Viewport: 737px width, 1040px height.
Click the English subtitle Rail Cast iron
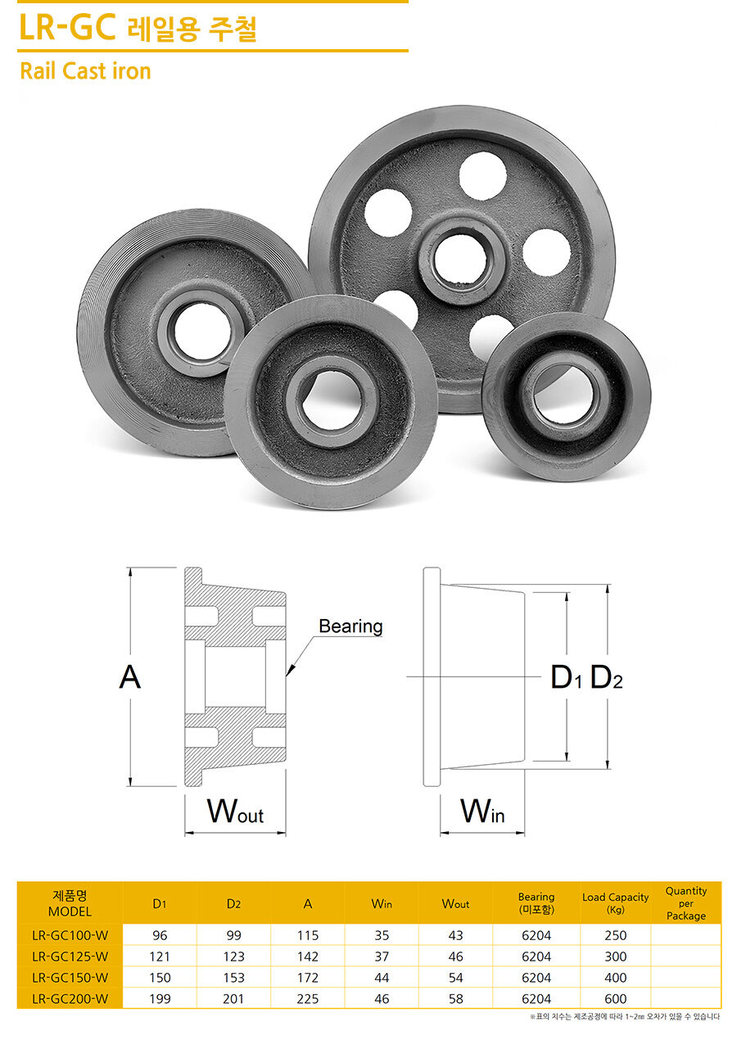pyautogui.click(x=85, y=71)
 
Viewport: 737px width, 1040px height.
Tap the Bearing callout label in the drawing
pyautogui.click(x=350, y=626)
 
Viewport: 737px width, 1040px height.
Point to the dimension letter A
pyautogui.click(x=129, y=677)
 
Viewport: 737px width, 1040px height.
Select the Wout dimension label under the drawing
pyautogui.click(x=235, y=811)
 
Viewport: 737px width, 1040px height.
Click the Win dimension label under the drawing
pyautogui.click(x=482, y=811)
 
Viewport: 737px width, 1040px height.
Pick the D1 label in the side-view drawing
pyautogui.click(x=566, y=677)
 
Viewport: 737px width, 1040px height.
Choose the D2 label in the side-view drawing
pyautogui.click(x=606, y=677)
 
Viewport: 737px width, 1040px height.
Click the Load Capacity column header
pyautogui.click(x=615, y=903)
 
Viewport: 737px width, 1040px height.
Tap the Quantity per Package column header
pyautogui.click(x=686, y=903)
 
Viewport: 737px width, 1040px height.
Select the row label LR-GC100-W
pyautogui.click(x=70, y=935)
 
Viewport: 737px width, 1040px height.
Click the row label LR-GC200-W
pyautogui.click(x=70, y=998)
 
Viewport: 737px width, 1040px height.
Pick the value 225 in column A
pyautogui.click(x=307, y=998)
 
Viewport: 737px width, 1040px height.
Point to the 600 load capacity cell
pyautogui.click(x=615, y=998)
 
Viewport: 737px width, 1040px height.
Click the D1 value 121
pyautogui.click(x=160, y=956)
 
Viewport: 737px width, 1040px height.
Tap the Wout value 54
pyautogui.click(x=455, y=977)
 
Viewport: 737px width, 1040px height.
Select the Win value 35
pyautogui.click(x=382, y=935)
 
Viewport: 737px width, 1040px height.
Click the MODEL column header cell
pyautogui.click(x=70, y=903)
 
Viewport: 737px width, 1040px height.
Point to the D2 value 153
pyautogui.click(x=233, y=977)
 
